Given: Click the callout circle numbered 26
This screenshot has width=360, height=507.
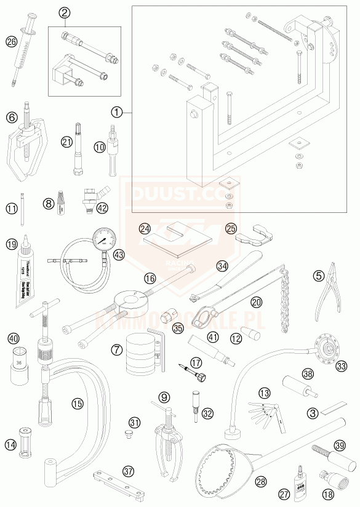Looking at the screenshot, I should (x=11, y=41).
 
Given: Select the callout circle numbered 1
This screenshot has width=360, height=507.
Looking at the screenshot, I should (x=118, y=112).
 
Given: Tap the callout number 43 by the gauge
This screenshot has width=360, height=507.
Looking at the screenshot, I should (x=119, y=255).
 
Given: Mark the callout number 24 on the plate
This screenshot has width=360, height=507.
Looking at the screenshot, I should (x=145, y=229).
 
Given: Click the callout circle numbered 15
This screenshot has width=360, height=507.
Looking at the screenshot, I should (x=76, y=404).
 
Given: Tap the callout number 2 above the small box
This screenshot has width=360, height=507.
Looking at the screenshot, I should (x=65, y=12).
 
